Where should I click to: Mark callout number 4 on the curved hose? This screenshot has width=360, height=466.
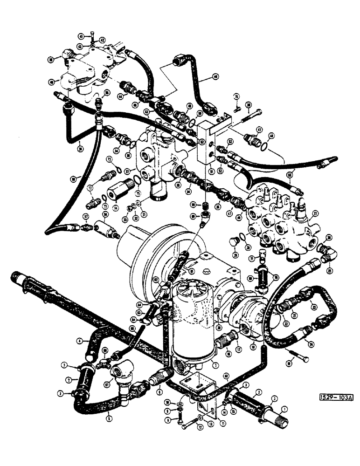pos(79,341)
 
